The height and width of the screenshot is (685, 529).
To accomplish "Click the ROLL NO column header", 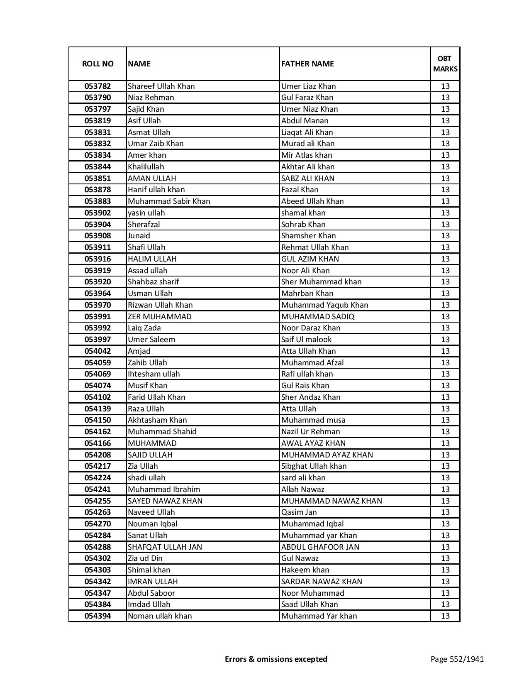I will point(98,64).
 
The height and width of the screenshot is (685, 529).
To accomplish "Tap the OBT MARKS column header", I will point(445,64).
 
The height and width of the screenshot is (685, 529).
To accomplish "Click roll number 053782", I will point(98,86).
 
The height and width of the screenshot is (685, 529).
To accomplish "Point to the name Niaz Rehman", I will point(151,98).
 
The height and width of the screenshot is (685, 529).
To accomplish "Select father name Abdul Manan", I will point(305,121).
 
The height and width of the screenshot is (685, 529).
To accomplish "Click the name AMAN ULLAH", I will point(152,179).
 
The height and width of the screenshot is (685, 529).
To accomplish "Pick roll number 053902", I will point(98,213).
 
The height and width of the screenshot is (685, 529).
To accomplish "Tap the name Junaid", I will point(139,236).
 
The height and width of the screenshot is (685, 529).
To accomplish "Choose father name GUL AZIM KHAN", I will point(310,259).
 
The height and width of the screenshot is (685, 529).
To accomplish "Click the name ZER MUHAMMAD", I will point(160,317).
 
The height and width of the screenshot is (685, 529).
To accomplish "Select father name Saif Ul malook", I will point(307,340).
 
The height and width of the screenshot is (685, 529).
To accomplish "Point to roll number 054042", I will point(98,351).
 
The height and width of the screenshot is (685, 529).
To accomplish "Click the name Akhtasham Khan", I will point(157,420).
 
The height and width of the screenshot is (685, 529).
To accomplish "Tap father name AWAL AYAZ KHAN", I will point(313,443).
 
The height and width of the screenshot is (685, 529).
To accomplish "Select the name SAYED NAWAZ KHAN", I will point(165,501).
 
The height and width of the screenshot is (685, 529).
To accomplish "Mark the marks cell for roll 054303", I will point(445,570).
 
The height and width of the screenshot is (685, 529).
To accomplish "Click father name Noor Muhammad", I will point(312,593).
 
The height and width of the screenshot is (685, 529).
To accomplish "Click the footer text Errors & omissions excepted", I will point(276,659).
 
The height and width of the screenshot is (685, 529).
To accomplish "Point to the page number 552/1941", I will point(457,659).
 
